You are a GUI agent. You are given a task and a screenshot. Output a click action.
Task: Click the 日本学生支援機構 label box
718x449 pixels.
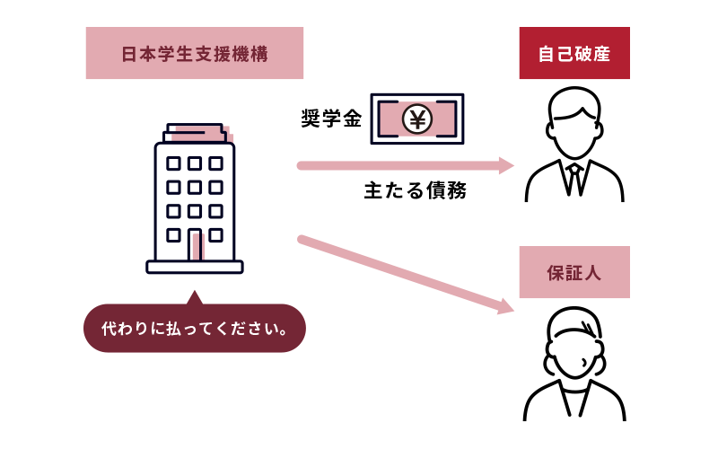pos(195,53)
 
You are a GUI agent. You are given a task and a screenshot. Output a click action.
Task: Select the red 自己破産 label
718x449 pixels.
pos(574,53)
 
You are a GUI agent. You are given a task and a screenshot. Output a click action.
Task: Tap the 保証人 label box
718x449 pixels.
pos(574,272)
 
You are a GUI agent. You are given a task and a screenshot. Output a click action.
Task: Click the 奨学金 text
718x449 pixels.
pos(331,119)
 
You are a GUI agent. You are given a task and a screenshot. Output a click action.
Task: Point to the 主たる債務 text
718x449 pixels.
pos(416,190)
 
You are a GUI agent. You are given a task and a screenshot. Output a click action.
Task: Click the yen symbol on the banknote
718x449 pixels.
pos(417,119)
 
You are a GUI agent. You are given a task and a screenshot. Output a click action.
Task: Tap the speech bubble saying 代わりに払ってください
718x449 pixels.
pos(195,328)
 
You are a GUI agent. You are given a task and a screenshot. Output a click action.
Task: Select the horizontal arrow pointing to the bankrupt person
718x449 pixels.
pos(406,165)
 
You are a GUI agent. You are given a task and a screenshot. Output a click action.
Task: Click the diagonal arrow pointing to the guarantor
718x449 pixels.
pos(406,275)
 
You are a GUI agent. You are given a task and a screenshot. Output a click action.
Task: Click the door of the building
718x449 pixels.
pos(195,244)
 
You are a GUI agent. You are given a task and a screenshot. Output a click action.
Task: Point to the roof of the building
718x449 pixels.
pos(195,133)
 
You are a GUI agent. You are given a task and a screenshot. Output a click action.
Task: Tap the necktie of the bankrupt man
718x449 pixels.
pos(574,180)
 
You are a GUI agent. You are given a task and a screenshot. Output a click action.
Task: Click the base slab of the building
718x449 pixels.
pos(195,267)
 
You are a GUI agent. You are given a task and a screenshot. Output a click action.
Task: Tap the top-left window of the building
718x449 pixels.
pos(173,163)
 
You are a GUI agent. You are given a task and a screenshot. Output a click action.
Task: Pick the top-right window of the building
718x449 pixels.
pos(215,163)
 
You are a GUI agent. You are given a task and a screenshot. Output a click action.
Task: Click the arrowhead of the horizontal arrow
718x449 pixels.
pos(506,165)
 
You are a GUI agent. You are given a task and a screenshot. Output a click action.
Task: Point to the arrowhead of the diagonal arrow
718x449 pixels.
pos(506,306)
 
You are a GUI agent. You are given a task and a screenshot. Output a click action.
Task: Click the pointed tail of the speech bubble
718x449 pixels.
pos(195,297)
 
